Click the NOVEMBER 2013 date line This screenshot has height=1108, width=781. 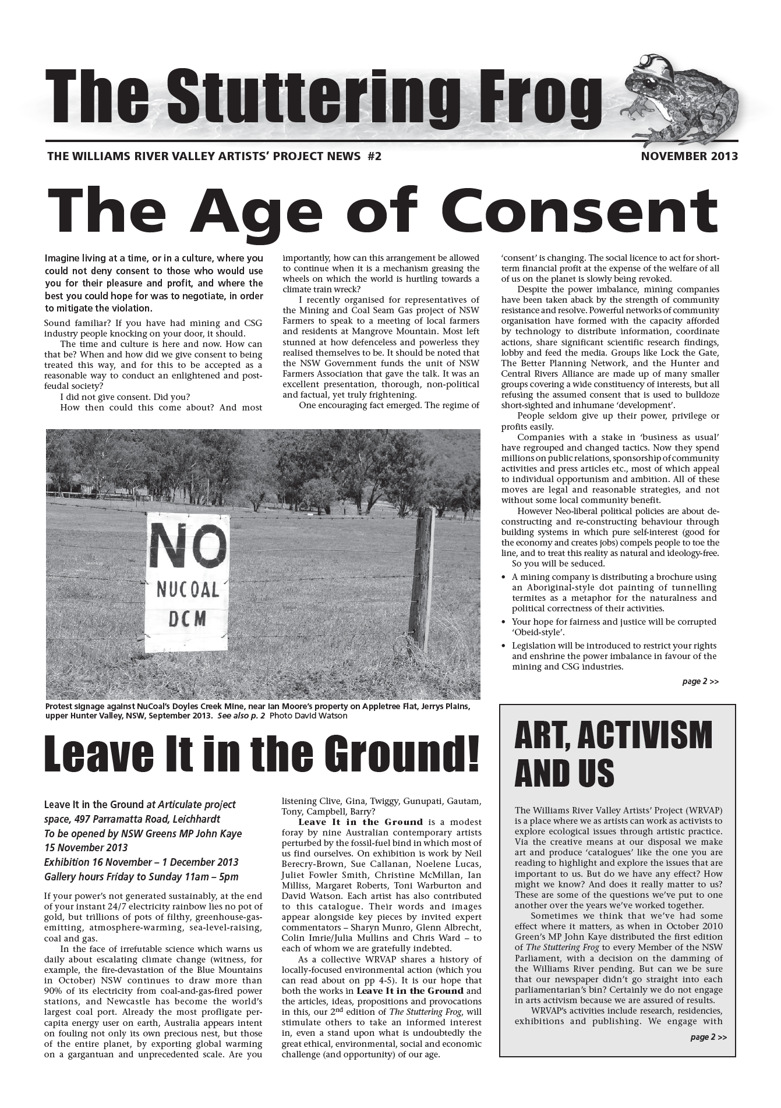coord(689,156)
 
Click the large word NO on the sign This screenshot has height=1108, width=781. coord(187,545)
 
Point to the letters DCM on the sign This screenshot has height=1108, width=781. coord(188,618)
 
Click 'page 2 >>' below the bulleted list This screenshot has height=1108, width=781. coord(700,681)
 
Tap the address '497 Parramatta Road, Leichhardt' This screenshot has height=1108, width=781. coord(132,819)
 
